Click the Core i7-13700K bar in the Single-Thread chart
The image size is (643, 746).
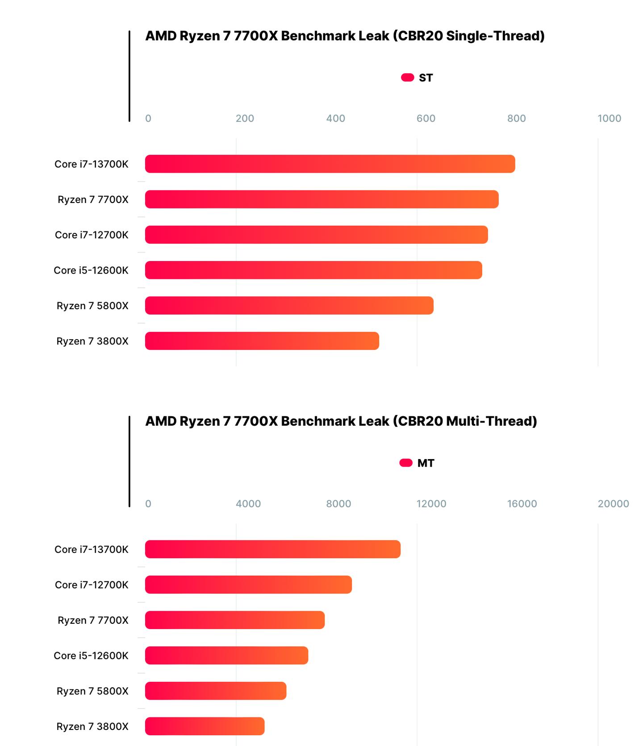coord(330,164)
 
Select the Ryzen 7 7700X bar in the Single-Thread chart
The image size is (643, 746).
coord(321,199)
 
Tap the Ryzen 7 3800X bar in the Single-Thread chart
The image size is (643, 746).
coord(262,341)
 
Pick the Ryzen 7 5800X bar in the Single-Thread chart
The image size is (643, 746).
coord(289,306)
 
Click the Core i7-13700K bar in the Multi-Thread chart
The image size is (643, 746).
coord(272,549)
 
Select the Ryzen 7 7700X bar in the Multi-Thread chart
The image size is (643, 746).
coord(234,620)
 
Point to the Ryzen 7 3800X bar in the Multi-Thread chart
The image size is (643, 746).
coord(205,726)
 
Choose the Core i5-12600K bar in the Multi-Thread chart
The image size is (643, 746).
coord(226,655)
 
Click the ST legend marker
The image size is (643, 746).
coord(407,78)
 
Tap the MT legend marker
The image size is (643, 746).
coord(406,463)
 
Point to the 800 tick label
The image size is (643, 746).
coord(516,118)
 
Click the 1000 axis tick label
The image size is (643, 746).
coord(609,118)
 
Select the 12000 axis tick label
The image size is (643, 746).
coord(431,504)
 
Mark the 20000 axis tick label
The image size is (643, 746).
coord(613,504)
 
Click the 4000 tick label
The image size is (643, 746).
coord(248,504)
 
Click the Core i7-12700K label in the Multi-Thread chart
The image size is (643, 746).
coord(92,585)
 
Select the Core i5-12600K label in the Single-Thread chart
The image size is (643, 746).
coord(91,270)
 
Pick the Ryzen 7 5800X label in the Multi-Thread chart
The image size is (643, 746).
coord(92,691)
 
